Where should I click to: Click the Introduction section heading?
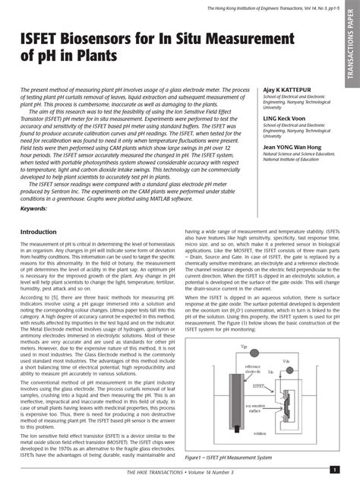43,231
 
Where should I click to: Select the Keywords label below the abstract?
34,208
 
